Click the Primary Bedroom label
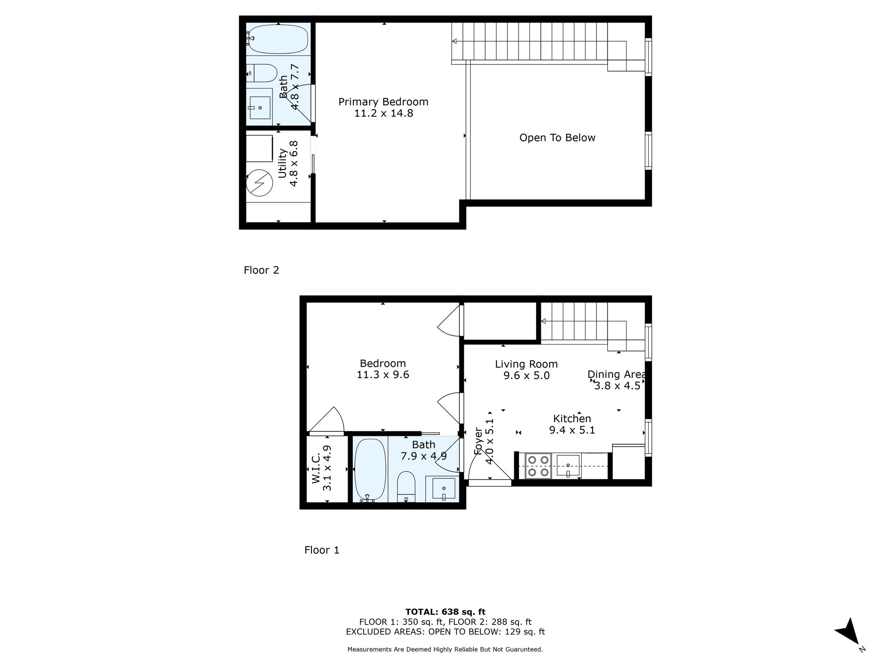point(383,107)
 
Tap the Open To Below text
point(557,138)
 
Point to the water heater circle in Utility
point(259,182)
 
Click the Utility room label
point(288,164)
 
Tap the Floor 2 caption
point(261,270)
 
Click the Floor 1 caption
point(322,550)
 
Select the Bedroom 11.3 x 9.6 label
point(383,369)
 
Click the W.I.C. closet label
point(321,468)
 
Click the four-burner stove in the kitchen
point(538,466)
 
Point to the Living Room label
point(526,369)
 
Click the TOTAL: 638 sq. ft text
point(445,612)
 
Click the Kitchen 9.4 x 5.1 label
point(572,424)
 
